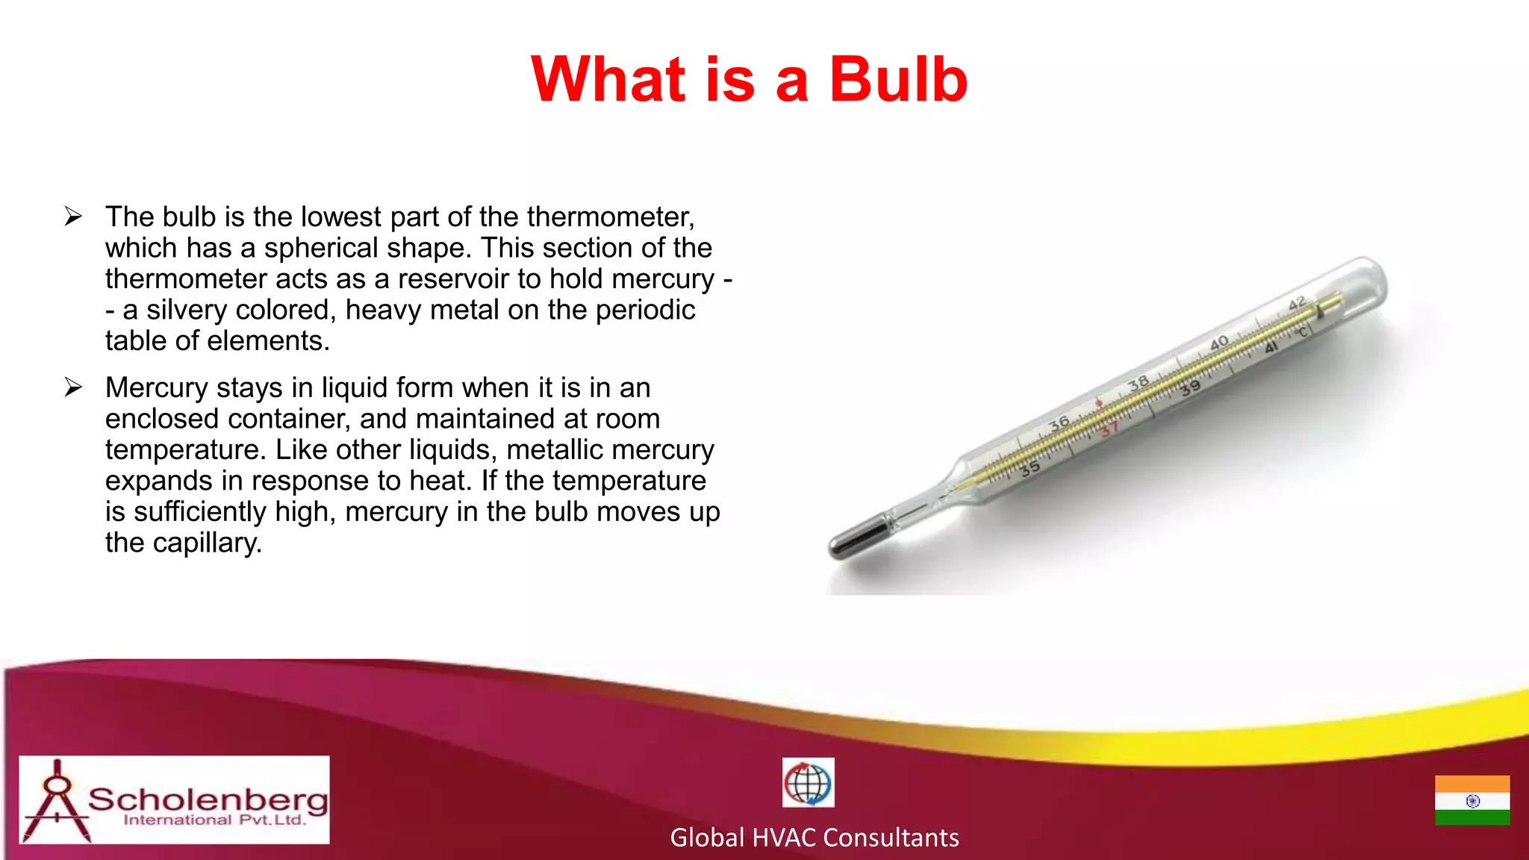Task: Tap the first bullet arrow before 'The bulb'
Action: coord(73,216)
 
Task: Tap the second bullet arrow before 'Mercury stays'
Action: coord(73,387)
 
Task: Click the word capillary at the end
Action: coord(207,543)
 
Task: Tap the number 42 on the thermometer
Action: coord(1298,302)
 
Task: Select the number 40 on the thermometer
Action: coord(1219,343)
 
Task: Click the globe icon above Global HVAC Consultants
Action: coord(808,783)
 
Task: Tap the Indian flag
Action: coord(1472,800)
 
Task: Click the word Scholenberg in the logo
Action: coord(208,800)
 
